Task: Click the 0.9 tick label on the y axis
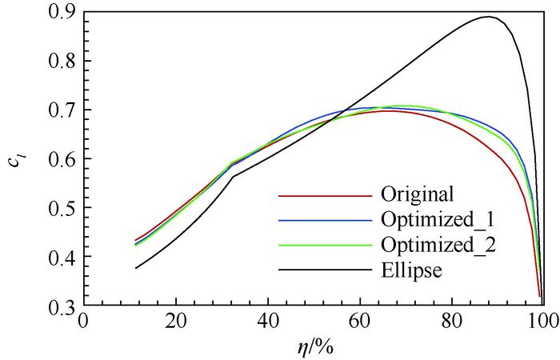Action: tap(59, 11)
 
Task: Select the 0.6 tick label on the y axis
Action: tap(59, 159)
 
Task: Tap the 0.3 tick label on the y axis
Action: tap(59, 307)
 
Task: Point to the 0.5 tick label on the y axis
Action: tap(59, 209)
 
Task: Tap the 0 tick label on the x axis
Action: tap(83, 321)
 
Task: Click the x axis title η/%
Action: tap(312, 346)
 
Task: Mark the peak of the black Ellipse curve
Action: tap(487, 17)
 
